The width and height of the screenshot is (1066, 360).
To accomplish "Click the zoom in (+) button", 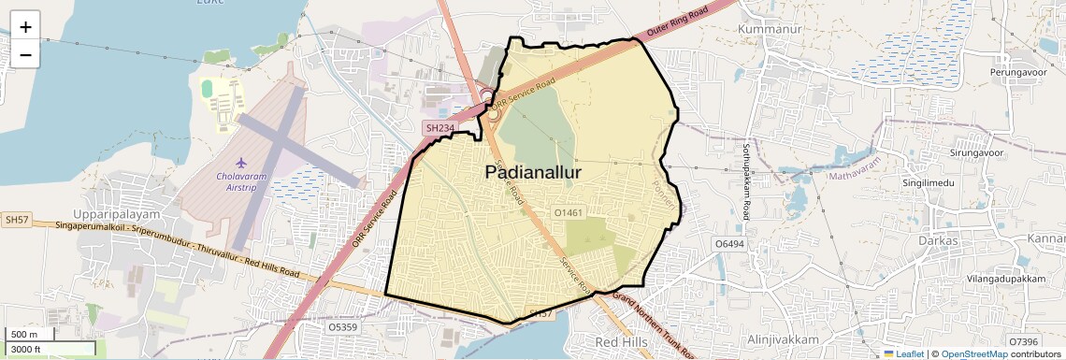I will point(25,26).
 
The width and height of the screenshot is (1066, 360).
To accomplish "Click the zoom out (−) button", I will point(25,54).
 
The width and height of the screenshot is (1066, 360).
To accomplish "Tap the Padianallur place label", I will point(533,173).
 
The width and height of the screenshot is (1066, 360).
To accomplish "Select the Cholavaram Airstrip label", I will point(241,181).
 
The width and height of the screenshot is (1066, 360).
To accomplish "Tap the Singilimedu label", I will point(929,182).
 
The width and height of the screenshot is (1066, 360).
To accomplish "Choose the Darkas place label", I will point(939,240).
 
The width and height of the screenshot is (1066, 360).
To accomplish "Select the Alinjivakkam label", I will point(784,338).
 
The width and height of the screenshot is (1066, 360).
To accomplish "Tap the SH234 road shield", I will point(439,127).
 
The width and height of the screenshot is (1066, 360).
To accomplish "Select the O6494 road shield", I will point(729,243).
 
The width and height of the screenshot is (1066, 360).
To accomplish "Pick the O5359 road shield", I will point(343,327).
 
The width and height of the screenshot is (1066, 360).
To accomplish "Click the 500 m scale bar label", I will point(24,335).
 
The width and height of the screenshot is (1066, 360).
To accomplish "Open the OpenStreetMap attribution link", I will point(973,354).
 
